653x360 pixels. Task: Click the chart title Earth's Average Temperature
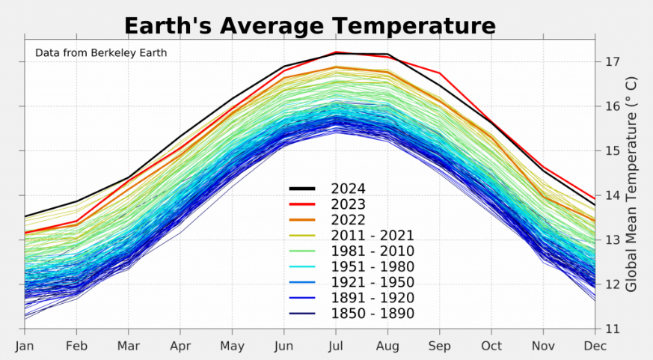tap(310, 25)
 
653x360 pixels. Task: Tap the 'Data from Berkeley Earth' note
tap(101, 52)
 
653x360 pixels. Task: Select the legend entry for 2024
tap(349, 189)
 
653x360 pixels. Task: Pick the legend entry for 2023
tap(349, 204)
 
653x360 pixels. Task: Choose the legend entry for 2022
tap(349, 220)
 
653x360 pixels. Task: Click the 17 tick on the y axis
tap(611, 61)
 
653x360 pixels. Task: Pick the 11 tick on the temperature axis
tap(611, 329)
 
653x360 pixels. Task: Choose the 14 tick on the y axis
tap(611, 195)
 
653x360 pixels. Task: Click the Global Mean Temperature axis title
tap(632, 183)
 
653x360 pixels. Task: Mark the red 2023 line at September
tap(440, 73)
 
